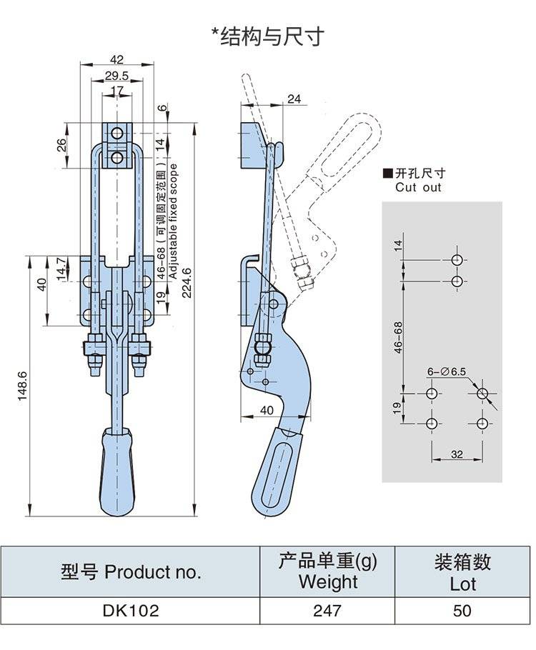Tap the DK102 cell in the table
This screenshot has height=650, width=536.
[130, 611]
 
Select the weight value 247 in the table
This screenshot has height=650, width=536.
[327, 611]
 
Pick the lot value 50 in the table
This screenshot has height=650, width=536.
[462, 611]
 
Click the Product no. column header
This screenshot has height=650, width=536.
[131, 571]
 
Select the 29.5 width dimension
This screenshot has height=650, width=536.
[116, 76]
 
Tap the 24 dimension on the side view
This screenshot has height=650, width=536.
[294, 99]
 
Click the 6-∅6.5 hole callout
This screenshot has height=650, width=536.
[447, 371]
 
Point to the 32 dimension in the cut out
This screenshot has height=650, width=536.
[457, 453]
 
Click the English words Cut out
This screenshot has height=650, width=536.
[418, 188]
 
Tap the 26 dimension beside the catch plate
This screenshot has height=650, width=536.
[62, 144]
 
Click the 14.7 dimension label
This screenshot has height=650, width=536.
[61, 269]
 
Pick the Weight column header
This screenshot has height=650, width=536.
[327, 571]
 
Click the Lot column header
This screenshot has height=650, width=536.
[462, 573]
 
